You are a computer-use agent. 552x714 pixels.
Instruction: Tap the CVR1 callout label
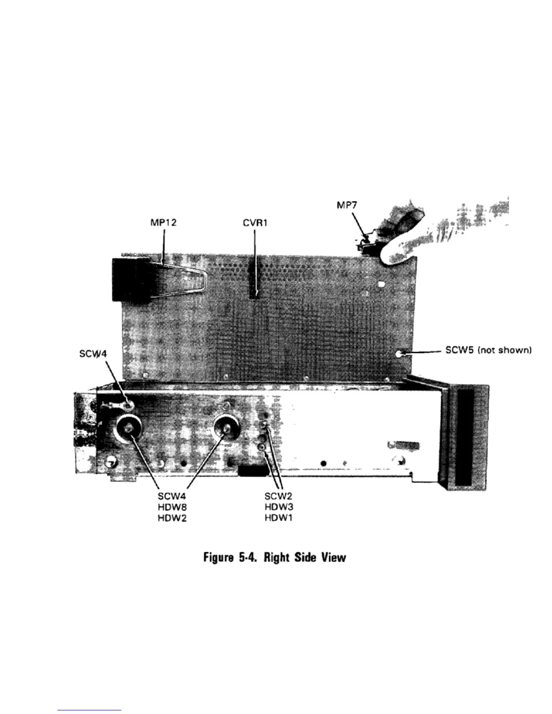tap(255, 222)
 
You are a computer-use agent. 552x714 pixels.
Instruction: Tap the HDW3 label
tap(279, 509)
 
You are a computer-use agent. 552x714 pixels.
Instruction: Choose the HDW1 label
tap(279, 518)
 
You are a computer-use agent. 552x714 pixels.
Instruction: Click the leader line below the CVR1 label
tap(255, 261)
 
